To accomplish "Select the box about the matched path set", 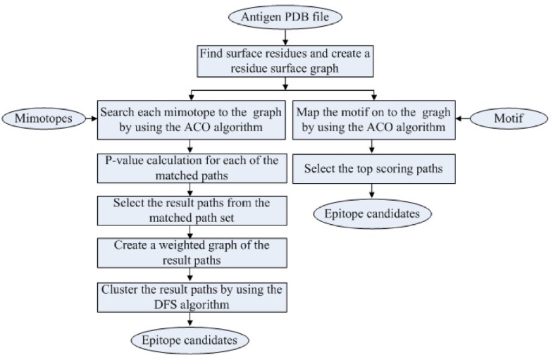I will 188,210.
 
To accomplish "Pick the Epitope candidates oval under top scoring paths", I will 372,212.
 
